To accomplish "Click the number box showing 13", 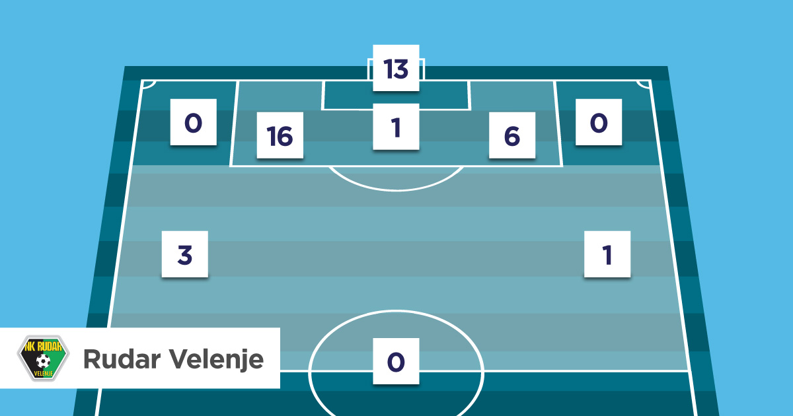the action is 396,68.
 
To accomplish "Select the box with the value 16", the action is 280,135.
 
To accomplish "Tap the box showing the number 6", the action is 512,135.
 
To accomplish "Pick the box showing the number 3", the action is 185,254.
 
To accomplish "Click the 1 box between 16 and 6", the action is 396,127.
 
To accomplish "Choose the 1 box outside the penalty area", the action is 607,254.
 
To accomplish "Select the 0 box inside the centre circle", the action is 396,361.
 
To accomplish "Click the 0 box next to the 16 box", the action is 193,122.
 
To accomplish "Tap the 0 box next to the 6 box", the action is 599,122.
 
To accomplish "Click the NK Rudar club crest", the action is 43,358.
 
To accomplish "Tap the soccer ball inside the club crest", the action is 43,361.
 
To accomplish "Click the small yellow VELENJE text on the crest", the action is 43,374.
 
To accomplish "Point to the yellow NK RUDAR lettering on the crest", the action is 43,346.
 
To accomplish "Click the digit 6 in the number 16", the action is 286,136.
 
